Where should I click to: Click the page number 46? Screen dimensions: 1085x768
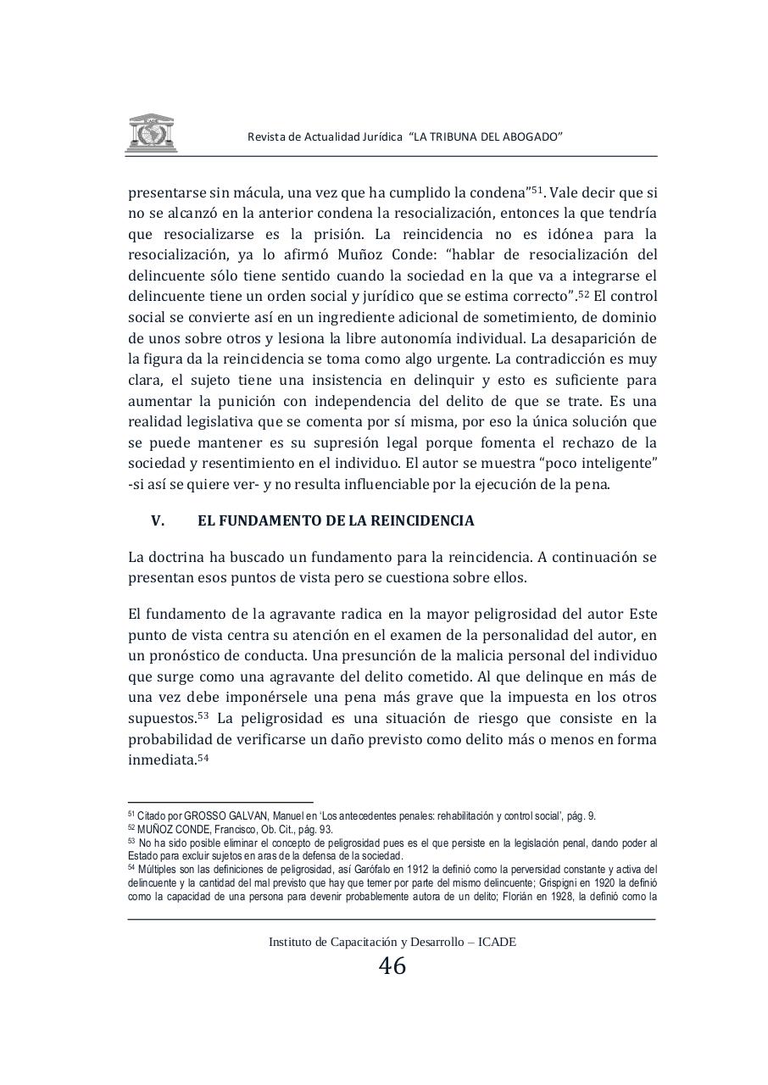pyautogui.click(x=392, y=966)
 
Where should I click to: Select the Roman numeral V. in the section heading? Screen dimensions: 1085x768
pyautogui.click(x=158, y=521)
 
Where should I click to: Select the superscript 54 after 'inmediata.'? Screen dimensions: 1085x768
pyautogui.click(x=203, y=757)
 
